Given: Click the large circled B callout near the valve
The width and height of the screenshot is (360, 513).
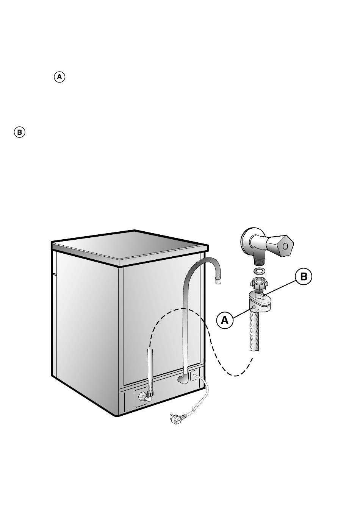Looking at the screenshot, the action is pyautogui.click(x=304, y=276).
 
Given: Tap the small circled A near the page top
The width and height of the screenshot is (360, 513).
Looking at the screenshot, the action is pyautogui.click(x=59, y=77).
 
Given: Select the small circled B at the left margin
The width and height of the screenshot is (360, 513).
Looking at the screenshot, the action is pyautogui.click(x=19, y=133).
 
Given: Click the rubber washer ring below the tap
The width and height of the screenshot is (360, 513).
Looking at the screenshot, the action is pyautogui.click(x=259, y=271).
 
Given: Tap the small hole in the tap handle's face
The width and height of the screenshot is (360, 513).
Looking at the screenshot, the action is pyautogui.click(x=285, y=246).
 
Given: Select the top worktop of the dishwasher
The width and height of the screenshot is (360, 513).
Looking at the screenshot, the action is pyautogui.click(x=130, y=248).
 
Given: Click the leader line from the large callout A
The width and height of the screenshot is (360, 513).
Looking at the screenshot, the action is pyautogui.click(x=243, y=312).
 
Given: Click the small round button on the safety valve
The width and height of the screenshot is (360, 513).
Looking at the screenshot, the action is pyautogui.click(x=254, y=307).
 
